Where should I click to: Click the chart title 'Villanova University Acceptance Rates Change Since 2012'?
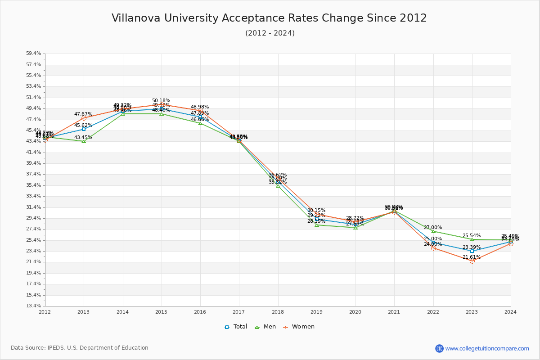point(269,18)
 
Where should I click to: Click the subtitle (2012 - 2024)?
point(270,33)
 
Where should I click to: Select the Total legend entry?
point(236,327)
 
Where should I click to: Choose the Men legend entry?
point(265,327)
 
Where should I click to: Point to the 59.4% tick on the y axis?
point(33,54)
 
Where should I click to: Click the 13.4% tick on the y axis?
point(33,306)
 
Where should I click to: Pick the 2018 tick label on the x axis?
point(278,312)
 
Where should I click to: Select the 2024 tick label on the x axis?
point(510,312)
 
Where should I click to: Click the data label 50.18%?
point(161,101)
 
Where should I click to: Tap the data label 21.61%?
point(472,257)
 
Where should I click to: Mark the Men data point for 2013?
point(84,141)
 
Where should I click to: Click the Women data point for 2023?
point(472,261)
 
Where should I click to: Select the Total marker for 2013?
point(84,129)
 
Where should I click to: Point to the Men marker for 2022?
point(433,231)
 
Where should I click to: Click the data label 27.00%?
point(433,228)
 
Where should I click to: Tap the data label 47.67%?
point(83,114)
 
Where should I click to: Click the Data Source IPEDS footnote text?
point(80,348)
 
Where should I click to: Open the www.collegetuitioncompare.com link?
point(487,348)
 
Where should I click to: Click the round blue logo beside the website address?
point(439,348)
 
